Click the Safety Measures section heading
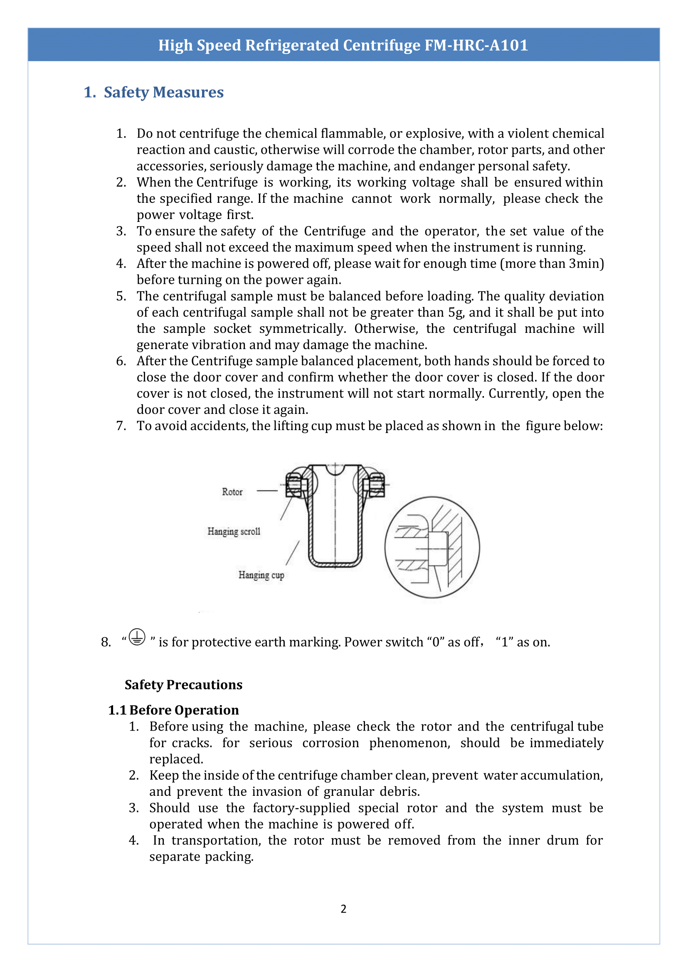[163, 92]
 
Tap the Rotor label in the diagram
[232, 492]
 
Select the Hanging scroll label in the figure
[234, 532]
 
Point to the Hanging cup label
[261, 575]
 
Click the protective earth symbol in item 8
[137, 637]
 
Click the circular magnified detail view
[432, 547]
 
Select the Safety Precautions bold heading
[183, 685]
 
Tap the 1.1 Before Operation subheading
[173, 710]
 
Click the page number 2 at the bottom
[343, 909]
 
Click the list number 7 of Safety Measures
[121, 426]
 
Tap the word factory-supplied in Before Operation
[301, 808]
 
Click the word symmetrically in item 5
[303, 329]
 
